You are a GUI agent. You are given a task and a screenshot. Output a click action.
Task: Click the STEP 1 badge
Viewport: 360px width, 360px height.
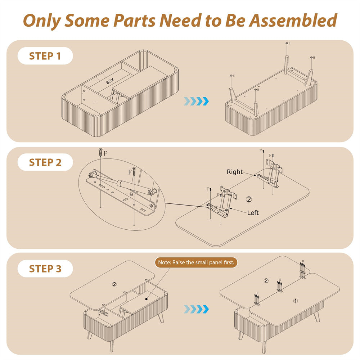pos(45,56)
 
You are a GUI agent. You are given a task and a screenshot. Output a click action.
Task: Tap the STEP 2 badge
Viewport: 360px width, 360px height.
pos(45,162)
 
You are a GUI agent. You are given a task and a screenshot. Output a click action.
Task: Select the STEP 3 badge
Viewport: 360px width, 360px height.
pos(45,269)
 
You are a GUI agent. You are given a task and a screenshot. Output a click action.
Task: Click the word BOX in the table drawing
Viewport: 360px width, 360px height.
pos(110,82)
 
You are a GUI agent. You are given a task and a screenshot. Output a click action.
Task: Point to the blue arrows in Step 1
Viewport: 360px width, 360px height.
pos(196,101)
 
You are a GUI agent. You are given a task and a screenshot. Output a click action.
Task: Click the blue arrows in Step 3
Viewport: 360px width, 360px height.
pos(196,309)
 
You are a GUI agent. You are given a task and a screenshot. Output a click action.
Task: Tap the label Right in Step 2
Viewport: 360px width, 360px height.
pos(235,172)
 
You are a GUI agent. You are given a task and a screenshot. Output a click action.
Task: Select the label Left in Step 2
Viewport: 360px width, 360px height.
pos(253,213)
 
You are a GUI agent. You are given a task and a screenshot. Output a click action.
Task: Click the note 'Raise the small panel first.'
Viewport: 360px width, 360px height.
pos(196,262)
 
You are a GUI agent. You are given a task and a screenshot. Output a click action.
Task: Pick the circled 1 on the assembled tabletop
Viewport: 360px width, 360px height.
pos(295,301)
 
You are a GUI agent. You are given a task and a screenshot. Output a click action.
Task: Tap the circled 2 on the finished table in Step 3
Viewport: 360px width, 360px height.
pos(266,280)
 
